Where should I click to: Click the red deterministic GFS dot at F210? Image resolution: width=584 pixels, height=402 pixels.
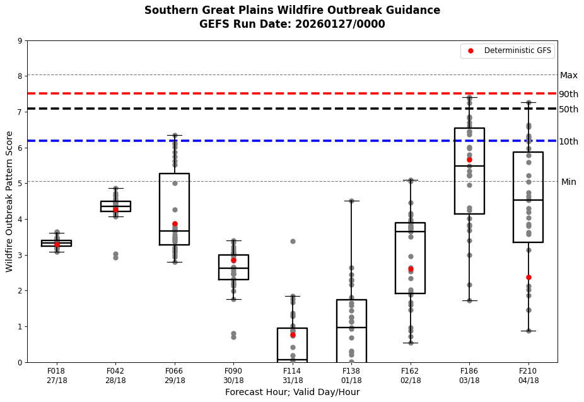point(529,277)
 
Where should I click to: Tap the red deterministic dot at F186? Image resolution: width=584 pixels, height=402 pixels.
point(469,160)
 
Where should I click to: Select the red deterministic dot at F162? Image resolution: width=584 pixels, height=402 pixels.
point(411,268)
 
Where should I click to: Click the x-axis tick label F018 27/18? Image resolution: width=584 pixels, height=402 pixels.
point(56,375)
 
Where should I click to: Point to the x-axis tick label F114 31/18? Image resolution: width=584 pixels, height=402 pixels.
point(292,375)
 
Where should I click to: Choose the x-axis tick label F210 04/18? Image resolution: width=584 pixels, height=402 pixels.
point(529,375)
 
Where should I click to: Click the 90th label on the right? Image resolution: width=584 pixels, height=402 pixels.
point(568,94)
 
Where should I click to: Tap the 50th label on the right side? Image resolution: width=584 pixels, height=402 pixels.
point(568,109)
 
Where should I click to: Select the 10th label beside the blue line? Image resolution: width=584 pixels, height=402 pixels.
point(568,141)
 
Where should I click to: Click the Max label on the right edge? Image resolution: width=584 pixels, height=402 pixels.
point(568,75)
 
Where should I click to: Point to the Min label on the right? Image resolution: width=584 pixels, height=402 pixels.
point(568,182)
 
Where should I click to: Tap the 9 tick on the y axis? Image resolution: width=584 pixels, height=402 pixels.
point(20,42)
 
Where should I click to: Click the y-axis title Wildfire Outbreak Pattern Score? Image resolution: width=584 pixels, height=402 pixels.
point(9,201)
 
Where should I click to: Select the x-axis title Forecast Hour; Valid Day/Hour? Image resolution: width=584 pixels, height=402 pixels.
point(292,392)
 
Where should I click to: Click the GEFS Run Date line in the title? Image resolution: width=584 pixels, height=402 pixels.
point(292,24)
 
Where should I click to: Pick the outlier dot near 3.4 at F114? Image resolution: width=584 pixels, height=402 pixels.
point(293,241)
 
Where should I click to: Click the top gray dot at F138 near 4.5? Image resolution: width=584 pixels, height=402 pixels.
point(351,201)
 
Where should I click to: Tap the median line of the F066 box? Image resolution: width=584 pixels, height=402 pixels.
point(174,231)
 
